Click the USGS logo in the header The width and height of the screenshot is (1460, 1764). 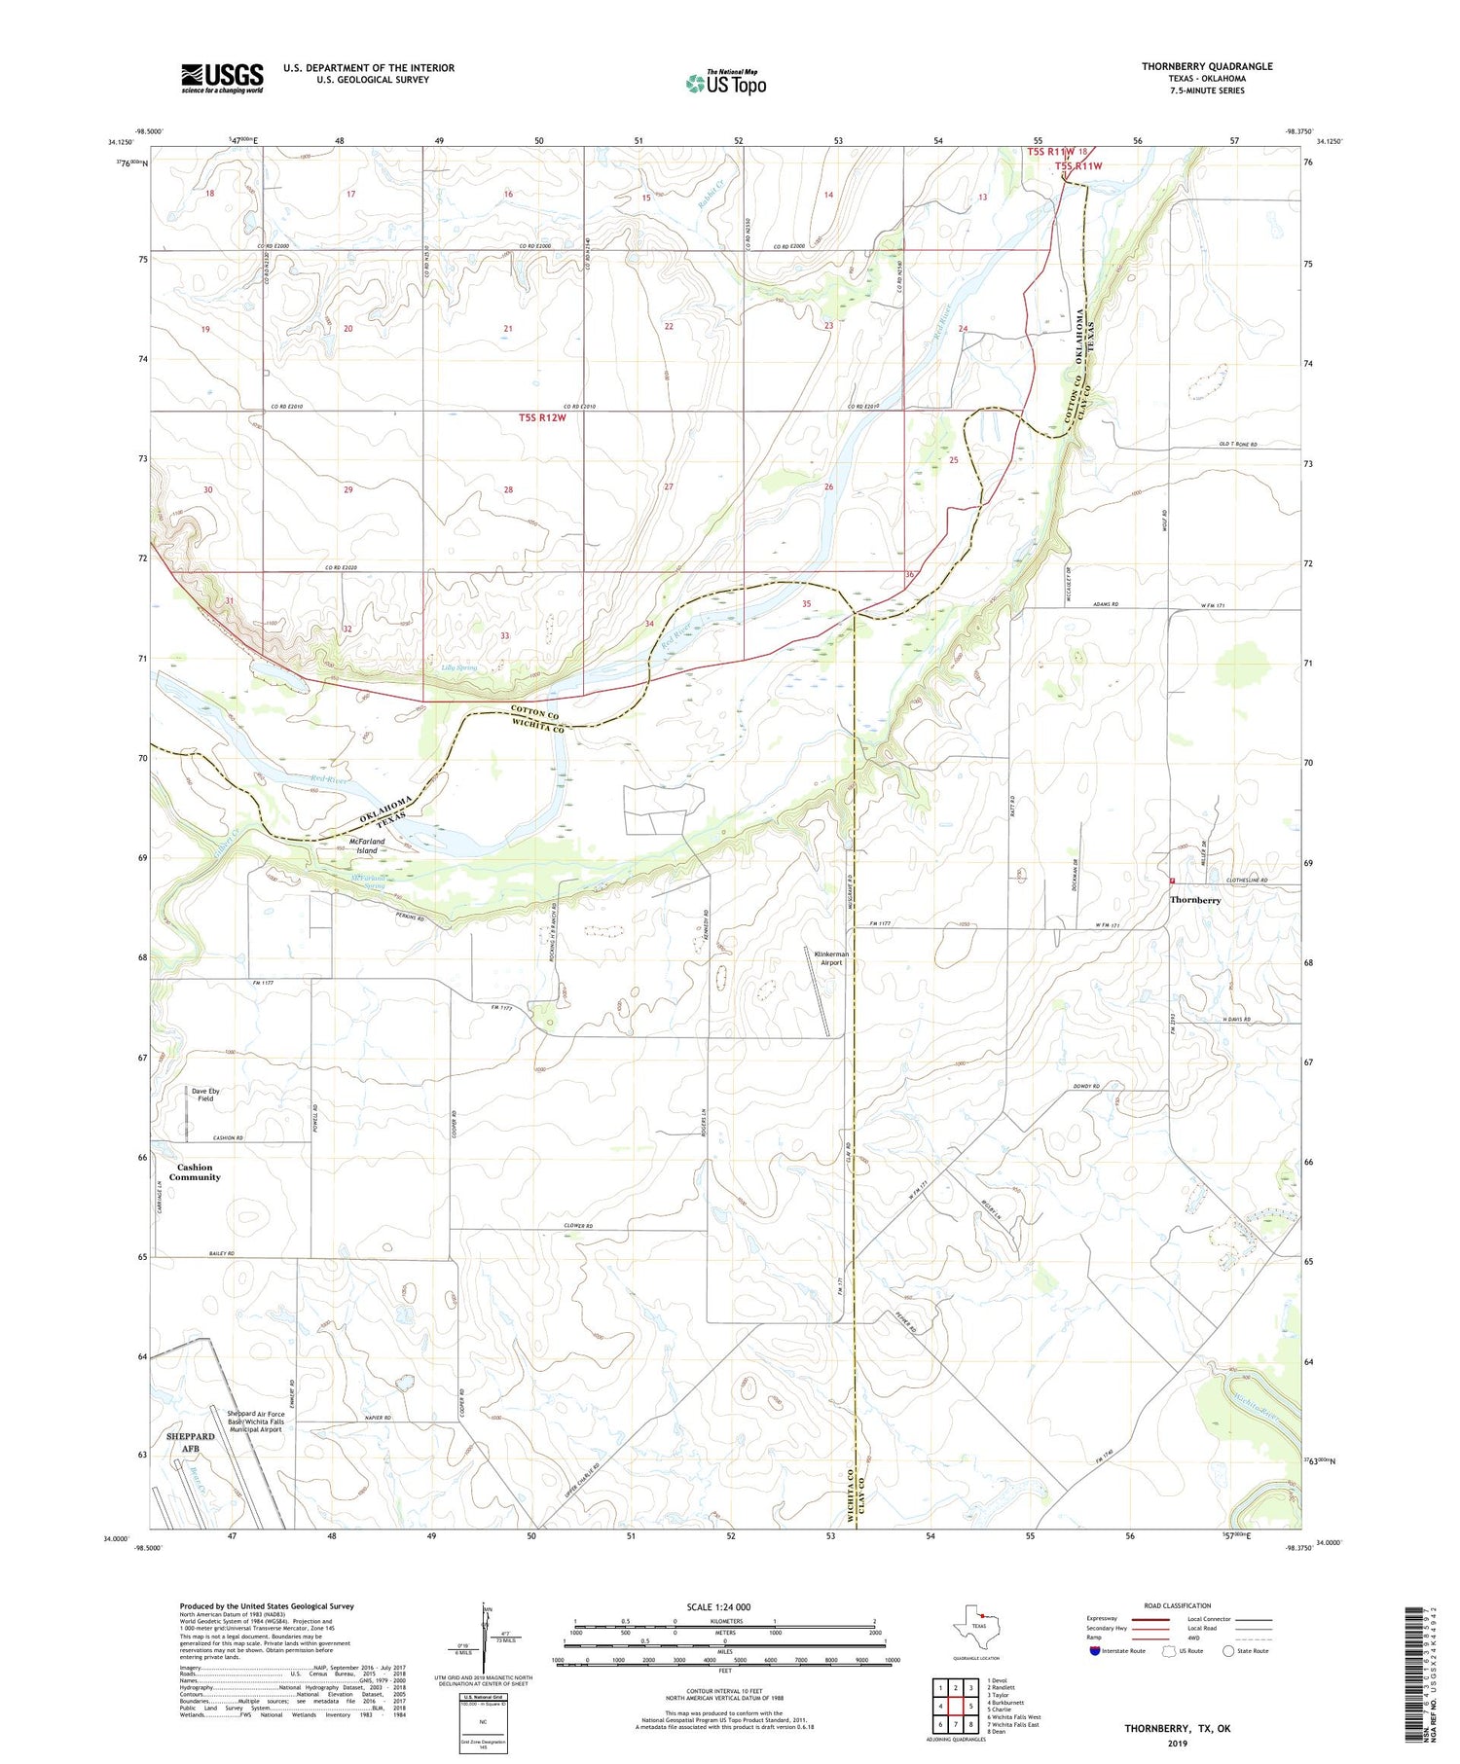point(222,78)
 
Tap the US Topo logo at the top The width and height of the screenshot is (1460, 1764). point(725,84)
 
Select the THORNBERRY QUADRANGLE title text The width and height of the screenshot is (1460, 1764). point(1207,66)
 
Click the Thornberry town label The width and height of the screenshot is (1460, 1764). point(1195,900)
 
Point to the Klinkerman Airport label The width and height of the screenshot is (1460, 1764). point(831,958)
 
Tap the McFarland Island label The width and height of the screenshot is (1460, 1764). point(366,846)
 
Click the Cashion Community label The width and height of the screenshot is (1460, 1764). point(195,1172)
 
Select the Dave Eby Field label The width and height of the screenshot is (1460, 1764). point(204,1095)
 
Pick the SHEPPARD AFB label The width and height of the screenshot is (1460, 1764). point(190,1442)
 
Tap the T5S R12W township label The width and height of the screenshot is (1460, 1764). point(541,417)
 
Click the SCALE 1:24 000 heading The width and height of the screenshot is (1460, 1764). point(718,1606)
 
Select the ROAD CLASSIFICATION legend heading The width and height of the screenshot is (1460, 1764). point(1177,1605)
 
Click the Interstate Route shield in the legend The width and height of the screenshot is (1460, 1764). point(1094,1651)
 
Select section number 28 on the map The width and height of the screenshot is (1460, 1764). point(508,489)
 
